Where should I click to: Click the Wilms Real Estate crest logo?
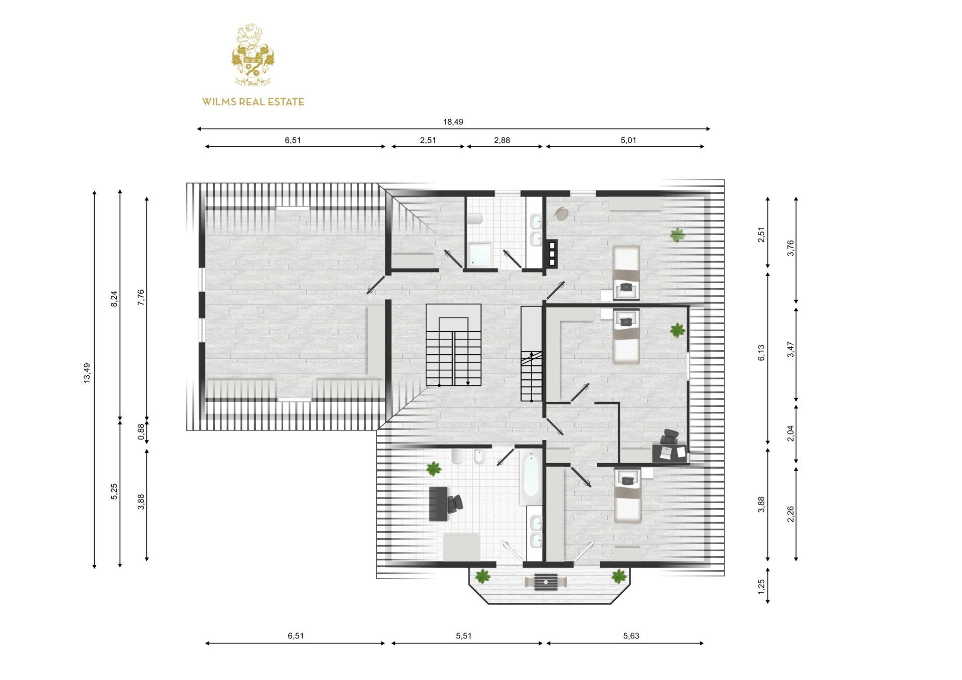(x=253, y=55)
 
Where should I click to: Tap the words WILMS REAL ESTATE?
(x=253, y=102)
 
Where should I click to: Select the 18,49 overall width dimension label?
(x=453, y=122)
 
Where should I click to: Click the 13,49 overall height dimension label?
(x=87, y=373)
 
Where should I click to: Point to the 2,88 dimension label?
(x=502, y=140)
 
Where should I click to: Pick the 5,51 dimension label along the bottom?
(x=464, y=636)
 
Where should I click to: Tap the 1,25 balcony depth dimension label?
(x=761, y=586)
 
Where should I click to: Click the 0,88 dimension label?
(x=141, y=432)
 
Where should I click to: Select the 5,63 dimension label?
(x=631, y=636)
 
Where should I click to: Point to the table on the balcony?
(x=546, y=582)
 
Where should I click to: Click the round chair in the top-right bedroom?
(x=562, y=213)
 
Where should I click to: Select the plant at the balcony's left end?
(x=483, y=576)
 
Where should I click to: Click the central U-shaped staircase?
(x=453, y=345)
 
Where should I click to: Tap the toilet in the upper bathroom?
(x=474, y=218)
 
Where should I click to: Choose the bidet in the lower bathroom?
(x=479, y=457)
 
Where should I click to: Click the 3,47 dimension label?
(x=790, y=349)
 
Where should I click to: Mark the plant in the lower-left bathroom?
(x=433, y=469)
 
